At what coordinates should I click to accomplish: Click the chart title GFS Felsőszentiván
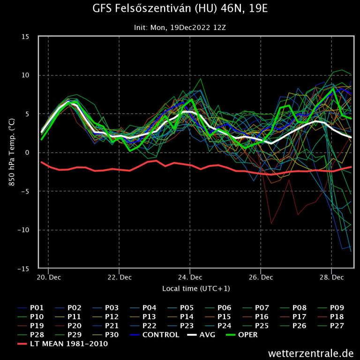coord(180,9)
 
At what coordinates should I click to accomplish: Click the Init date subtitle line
coord(180,27)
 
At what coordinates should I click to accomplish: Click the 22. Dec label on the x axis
coord(119,277)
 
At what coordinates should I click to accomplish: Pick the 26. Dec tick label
coord(261,277)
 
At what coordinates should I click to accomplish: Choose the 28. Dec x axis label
coord(331,277)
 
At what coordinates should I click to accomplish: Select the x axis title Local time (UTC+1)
coord(196,288)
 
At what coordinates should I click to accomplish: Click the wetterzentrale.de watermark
coord(311,353)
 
